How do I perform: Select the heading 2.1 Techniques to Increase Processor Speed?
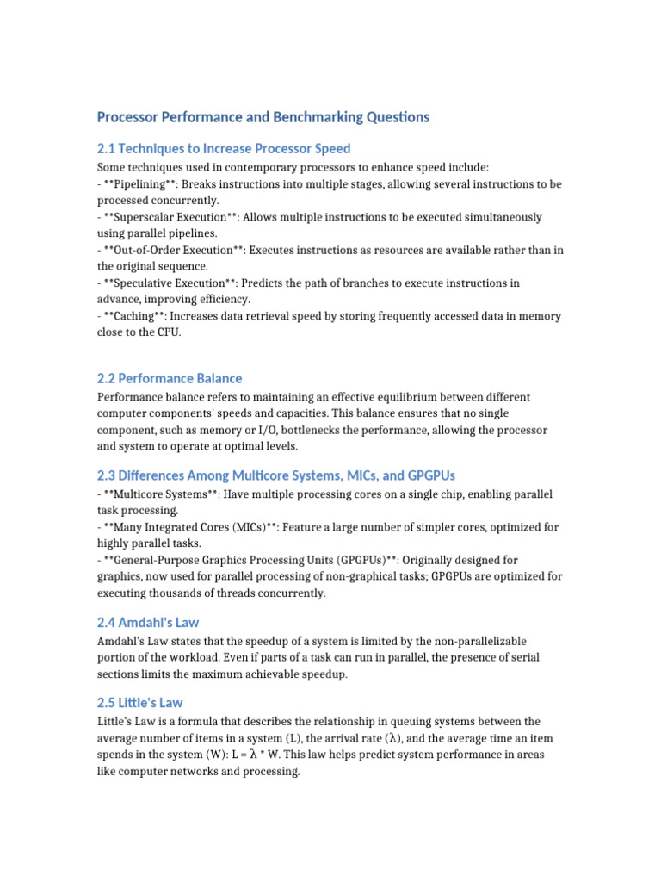point(224,148)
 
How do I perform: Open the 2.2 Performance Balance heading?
point(170,378)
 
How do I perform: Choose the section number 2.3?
point(107,475)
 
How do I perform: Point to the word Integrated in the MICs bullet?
point(171,527)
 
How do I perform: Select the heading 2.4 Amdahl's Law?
point(149,622)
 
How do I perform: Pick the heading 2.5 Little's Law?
point(140,702)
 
